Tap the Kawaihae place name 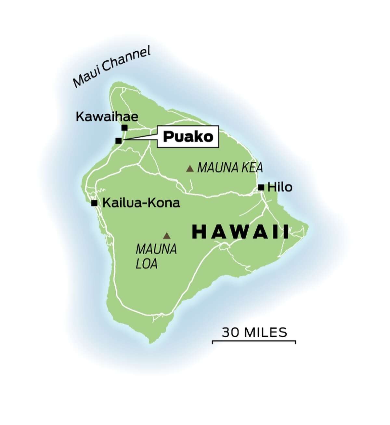[107, 117]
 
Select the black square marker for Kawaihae [124, 128]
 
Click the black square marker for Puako [119, 141]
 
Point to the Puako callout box [188, 137]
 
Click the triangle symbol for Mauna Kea [190, 169]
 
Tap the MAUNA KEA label [230, 168]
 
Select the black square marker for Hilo [261, 187]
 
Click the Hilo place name [279, 187]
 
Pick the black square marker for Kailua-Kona [94, 203]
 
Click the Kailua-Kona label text [141, 203]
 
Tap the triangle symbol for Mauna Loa [167, 236]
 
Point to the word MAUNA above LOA [156, 249]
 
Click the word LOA [146, 264]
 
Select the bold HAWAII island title [240, 232]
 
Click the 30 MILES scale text [254, 332]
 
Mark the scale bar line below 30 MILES [254, 341]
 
